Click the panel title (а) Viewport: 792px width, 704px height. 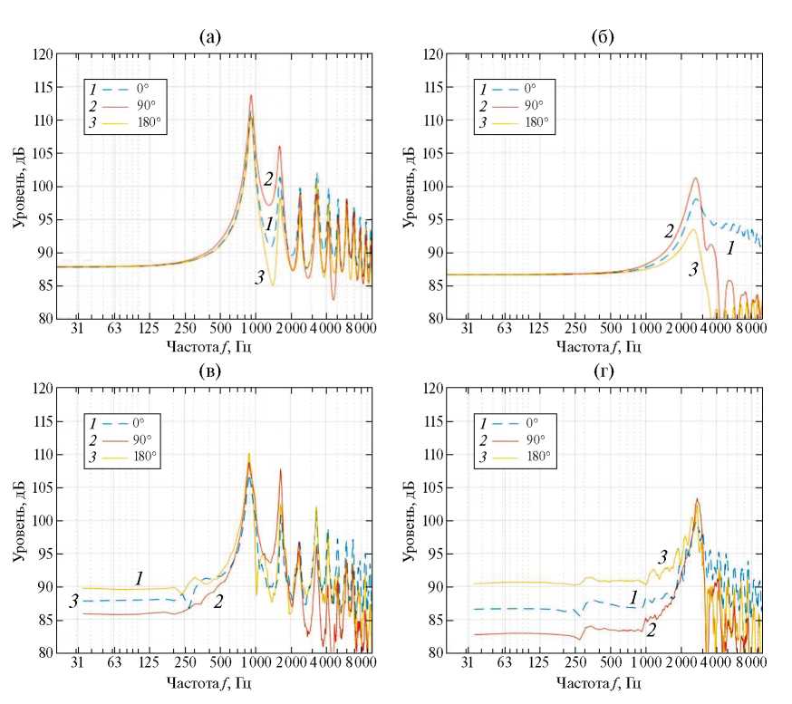point(210,37)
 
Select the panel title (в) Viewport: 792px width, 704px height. point(210,372)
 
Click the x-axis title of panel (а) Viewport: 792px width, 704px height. point(210,345)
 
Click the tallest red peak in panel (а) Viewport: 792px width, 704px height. point(251,95)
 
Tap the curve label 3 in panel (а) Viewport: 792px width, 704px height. point(260,276)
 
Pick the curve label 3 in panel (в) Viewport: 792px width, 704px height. point(73,602)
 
